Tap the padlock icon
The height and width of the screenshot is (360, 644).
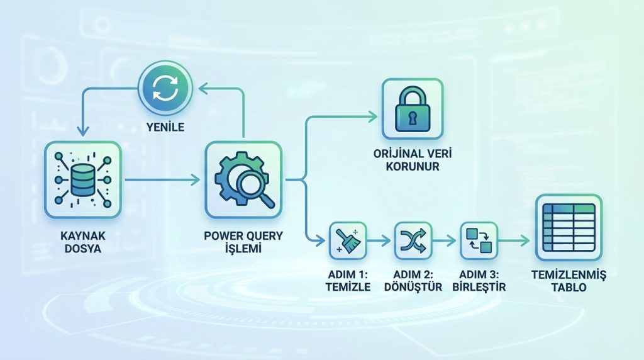[413, 109]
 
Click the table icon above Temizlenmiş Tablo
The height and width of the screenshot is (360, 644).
[568, 227]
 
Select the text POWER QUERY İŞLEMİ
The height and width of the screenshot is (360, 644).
[243, 242]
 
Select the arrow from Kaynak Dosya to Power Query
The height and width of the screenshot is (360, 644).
[162, 180]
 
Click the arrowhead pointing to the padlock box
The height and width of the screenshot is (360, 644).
[372, 116]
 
